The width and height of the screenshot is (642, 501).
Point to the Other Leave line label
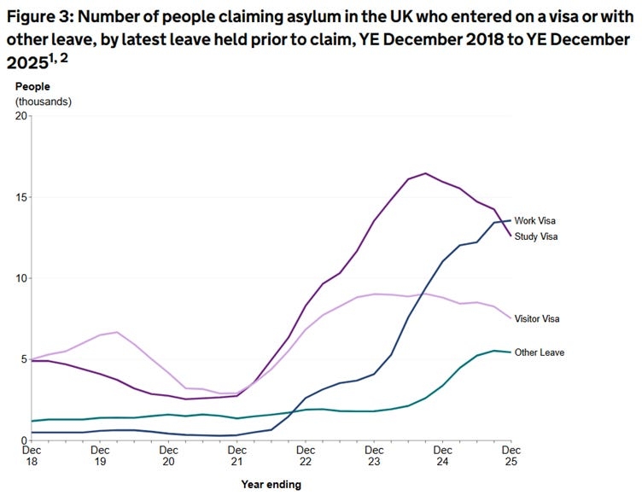(539, 352)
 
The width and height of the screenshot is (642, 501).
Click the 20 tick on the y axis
(20, 116)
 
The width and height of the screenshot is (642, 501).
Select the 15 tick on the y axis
(20, 197)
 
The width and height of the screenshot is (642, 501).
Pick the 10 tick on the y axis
(20, 278)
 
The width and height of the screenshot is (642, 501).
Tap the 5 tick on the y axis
(23, 359)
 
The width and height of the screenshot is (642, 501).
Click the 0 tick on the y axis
(23, 440)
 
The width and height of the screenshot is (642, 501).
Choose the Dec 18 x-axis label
(32, 456)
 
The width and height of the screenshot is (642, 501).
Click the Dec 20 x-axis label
(168, 456)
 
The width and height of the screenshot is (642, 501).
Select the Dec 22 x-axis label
(305, 456)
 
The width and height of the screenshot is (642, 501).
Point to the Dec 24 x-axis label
(442, 456)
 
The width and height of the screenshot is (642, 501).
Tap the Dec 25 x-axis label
(511, 456)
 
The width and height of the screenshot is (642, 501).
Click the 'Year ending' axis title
(271, 485)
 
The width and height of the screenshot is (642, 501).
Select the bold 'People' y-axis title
(32, 87)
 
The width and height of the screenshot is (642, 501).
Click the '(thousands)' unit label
(44, 101)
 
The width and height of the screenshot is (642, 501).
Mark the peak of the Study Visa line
(426, 173)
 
